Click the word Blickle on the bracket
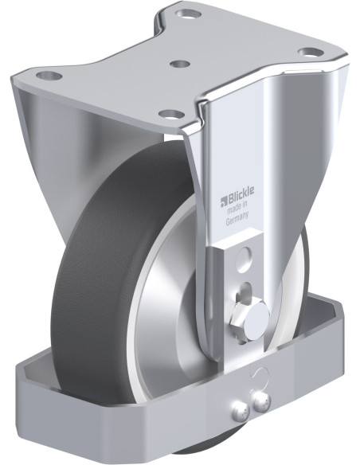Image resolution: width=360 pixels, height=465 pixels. (x=241, y=195)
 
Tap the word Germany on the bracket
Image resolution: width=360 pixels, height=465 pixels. (x=237, y=218)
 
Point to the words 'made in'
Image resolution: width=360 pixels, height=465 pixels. (x=237, y=207)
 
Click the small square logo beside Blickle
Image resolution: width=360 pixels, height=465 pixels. (x=223, y=202)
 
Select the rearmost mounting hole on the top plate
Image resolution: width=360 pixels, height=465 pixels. (x=188, y=14)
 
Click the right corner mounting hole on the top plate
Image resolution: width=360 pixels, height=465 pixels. (x=311, y=53)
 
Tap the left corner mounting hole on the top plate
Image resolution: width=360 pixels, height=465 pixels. (x=49, y=76)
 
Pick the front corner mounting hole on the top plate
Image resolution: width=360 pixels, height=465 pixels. (x=171, y=114)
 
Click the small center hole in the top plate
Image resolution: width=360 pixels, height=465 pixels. (x=180, y=64)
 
